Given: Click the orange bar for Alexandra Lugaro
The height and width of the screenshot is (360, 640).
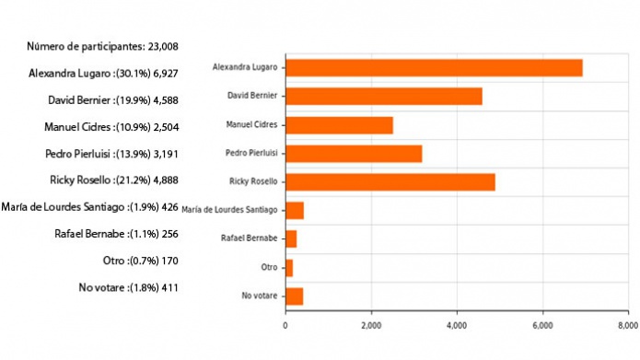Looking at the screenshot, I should (434, 67).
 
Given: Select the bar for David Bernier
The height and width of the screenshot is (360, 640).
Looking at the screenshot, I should (383, 96).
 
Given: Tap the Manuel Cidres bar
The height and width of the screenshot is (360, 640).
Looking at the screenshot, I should (339, 124).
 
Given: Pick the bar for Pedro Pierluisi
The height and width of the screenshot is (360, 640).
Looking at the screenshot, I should (354, 153).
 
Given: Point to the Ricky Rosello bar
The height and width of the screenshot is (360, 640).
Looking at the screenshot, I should (390, 181).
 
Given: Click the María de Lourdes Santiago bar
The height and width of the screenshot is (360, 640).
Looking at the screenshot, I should (295, 210).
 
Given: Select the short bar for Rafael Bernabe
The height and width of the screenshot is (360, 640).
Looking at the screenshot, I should (291, 238).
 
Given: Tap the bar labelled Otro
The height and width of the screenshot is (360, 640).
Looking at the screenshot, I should (289, 267).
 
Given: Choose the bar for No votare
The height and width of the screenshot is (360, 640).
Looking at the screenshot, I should (294, 296).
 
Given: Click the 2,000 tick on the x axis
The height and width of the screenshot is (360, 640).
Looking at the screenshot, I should (371, 325).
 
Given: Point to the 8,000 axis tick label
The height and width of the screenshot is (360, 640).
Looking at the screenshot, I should (627, 325).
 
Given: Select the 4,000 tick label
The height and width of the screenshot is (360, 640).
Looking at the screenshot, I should (457, 325).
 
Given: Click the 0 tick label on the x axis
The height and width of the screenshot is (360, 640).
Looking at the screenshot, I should (285, 325).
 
